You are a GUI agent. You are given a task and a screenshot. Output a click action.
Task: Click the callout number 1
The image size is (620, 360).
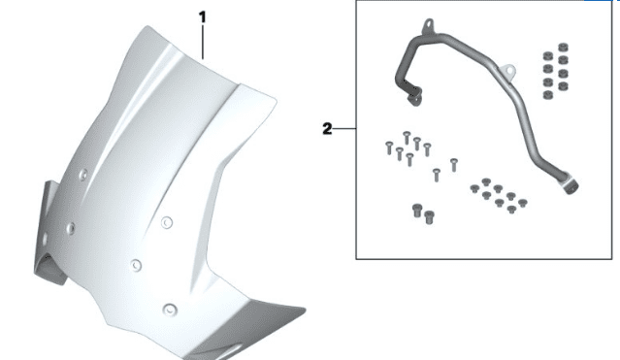(203, 17)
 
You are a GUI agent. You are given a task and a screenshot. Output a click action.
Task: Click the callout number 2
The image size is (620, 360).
(327, 129)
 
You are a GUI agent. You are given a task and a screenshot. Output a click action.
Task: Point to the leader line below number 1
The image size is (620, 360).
(203, 42)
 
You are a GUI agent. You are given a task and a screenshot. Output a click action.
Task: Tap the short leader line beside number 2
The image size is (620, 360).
(344, 128)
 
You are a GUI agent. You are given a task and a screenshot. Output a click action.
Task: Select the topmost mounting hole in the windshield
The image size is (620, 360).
(83, 175)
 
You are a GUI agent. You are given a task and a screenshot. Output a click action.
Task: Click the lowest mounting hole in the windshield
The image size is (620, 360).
(170, 309)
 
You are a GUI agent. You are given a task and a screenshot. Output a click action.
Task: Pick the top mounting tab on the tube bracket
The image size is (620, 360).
(429, 25)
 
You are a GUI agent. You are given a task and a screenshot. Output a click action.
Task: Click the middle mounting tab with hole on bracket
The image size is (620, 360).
(508, 71)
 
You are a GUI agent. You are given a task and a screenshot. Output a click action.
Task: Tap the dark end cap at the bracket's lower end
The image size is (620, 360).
(571, 187)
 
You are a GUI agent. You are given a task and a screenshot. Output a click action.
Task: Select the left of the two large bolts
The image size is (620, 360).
(417, 211)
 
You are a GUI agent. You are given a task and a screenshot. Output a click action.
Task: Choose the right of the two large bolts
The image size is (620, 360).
(429, 217)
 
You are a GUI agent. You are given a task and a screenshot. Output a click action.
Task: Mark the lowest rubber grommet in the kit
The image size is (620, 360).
(547, 95)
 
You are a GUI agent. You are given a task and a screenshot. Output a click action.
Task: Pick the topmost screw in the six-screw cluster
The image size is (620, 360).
(407, 137)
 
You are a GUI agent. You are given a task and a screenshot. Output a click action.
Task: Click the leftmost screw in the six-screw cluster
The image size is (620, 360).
(389, 147)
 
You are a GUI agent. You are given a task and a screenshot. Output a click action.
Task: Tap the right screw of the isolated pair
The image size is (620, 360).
(454, 165)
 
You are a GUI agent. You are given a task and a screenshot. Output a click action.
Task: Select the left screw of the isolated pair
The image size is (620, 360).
(437, 175)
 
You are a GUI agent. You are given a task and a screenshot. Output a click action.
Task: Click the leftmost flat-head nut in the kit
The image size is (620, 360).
(474, 188)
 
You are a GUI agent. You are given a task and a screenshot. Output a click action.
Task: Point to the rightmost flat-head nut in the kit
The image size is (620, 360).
(522, 204)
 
